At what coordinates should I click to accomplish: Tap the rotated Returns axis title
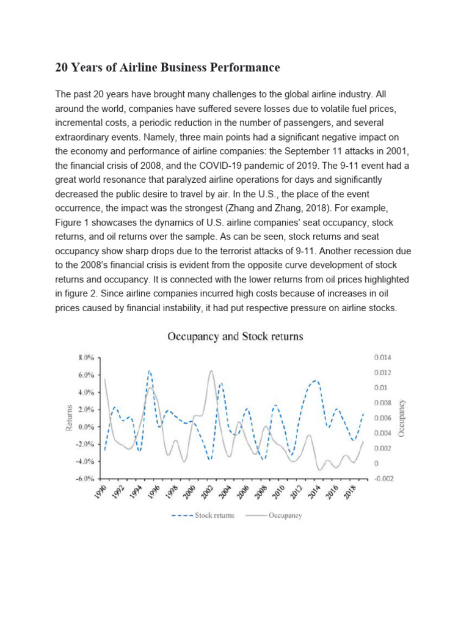69,418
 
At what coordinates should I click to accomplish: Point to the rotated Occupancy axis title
401,418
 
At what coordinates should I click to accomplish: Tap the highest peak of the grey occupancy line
211,370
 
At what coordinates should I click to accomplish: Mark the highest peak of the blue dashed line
149,370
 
